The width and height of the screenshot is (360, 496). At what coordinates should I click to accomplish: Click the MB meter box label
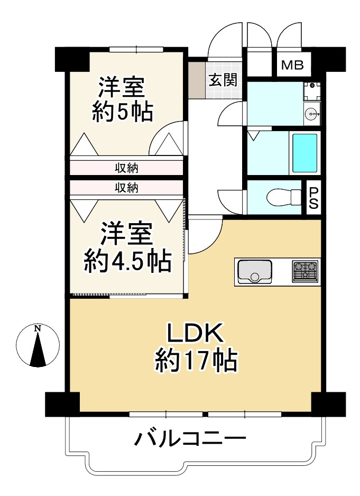(x=292, y=65)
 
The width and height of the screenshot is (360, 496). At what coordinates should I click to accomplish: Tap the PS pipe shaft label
(x=313, y=198)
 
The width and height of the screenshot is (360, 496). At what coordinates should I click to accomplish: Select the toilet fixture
(x=284, y=198)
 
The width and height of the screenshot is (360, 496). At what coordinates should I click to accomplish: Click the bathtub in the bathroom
(x=304, y=153)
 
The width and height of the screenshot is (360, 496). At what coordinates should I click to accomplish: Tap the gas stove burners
(x=305, y=271)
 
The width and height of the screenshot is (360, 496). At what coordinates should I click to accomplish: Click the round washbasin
(x=312, y=113)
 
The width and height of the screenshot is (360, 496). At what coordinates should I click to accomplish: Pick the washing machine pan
(x=312, y=91)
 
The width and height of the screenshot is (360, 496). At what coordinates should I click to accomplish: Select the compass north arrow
(x=38, y=350)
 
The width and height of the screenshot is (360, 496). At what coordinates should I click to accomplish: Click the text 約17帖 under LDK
(x=196, y=360)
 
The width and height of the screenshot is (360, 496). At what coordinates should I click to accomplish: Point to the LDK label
(x=195, y=333)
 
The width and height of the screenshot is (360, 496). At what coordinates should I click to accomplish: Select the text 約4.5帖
(x=128, y=261)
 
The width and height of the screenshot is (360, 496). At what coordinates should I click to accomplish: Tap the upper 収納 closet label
(x=126, y=168)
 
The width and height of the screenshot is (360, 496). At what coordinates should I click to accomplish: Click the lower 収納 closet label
(x=126, y=188)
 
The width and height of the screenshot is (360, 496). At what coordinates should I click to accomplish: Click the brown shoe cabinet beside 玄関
(x=197, y=80)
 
